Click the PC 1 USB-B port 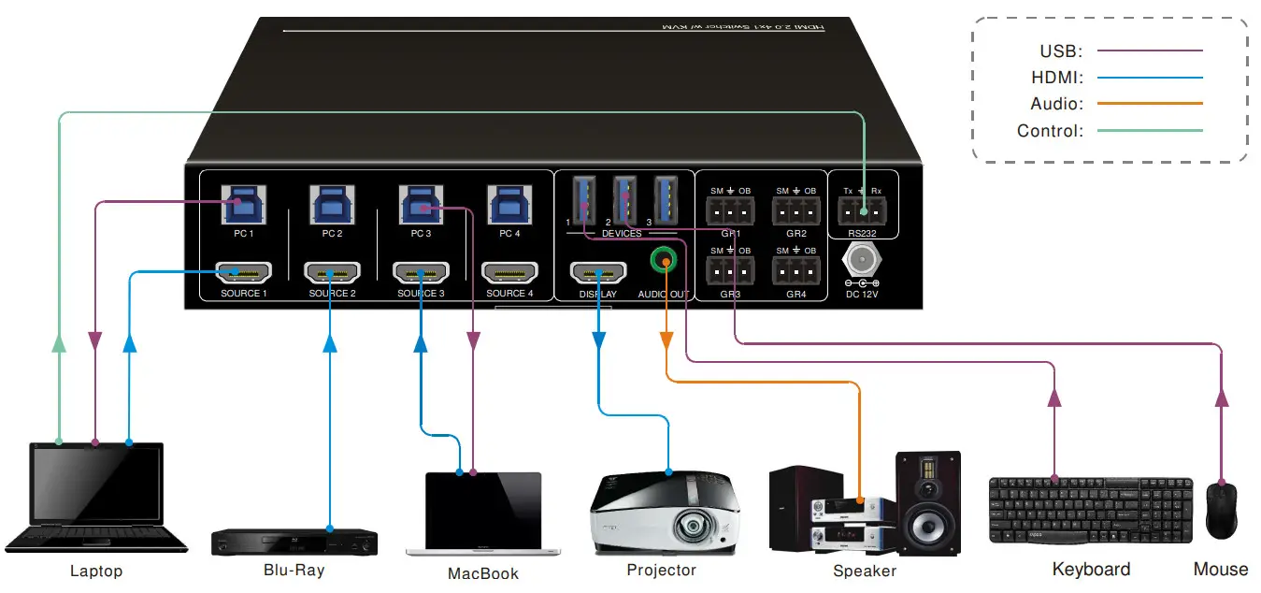[243, 205]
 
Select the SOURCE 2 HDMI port [332, 273]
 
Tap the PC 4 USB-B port [507, 205]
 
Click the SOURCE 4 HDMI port [509, 273]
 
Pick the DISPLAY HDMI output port [597, 273]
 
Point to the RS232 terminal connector [862, 210]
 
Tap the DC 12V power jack [860, 258]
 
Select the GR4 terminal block [795, 271]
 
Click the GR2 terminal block [795, 210]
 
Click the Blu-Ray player [294, 542]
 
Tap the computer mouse [1222, 510]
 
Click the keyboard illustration [1091, 510]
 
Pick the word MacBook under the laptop [482, 573]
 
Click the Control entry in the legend [1050, 131]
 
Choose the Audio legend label [1056, 104]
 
